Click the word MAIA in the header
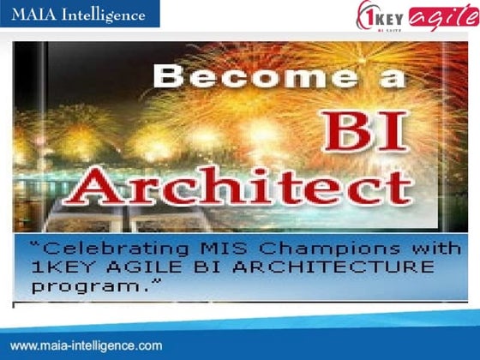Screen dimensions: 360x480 [34, 14]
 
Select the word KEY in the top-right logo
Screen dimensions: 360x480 [393, 15]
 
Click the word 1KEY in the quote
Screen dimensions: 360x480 [65, 267]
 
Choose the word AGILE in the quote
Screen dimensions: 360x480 [147, 267]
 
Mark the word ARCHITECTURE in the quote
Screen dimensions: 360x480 [333, 267]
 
